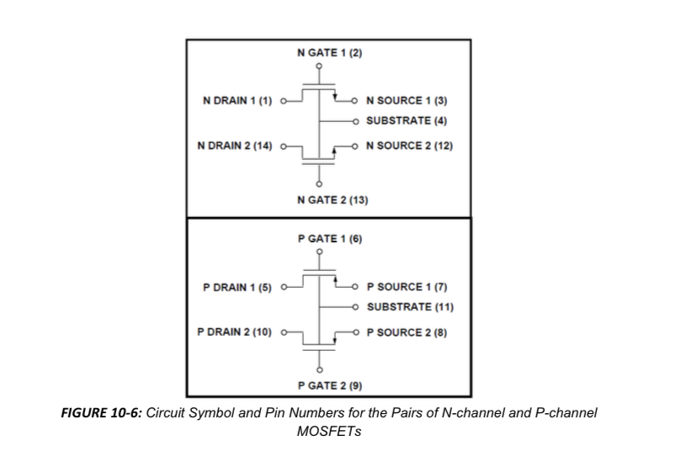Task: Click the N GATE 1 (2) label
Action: click(330, 53)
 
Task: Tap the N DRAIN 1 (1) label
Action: click(237, 101)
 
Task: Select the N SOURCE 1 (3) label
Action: click(407, 101)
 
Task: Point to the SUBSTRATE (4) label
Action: click(407, 121)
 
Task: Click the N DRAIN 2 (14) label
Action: click(235, 146)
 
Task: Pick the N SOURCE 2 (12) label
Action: click(409, 146)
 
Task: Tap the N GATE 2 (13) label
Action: click(333, 200)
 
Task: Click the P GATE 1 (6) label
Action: click(330, 239)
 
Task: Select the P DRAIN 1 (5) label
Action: click(237, 288)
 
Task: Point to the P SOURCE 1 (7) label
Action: click(407, 287)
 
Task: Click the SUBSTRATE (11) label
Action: click(410, 307)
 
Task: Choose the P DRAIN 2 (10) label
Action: click(234, 332)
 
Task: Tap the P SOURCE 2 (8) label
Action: click(407, 332)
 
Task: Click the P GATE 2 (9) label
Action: click(330, 385)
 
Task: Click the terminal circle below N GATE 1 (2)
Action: click(319, 66)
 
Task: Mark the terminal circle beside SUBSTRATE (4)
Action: click(355, 121)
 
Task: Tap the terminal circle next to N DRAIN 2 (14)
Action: click(283, 146)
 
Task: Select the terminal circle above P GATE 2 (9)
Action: click(319, 370)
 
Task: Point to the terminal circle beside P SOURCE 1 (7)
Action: click(355, 287)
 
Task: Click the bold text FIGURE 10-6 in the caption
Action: click(101, 413)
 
